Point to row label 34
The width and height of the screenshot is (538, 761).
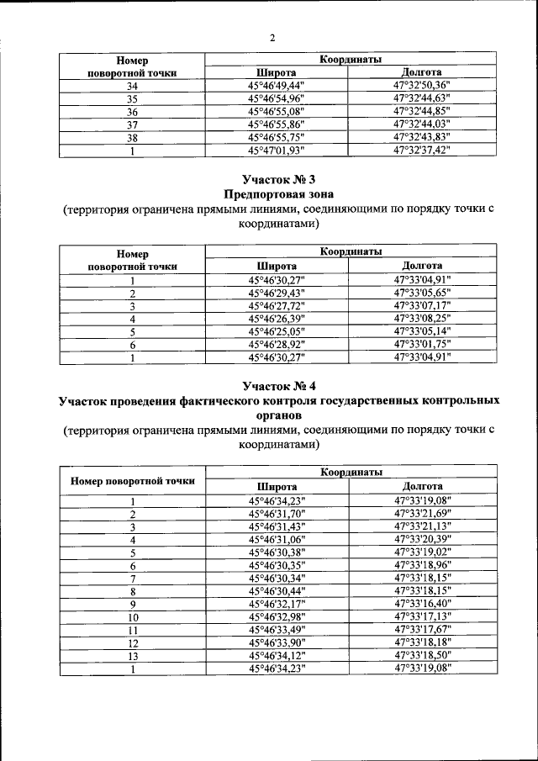pos(132,86)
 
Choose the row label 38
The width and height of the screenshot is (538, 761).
pos(132,137)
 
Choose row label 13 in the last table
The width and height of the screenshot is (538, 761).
pos(132,655)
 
